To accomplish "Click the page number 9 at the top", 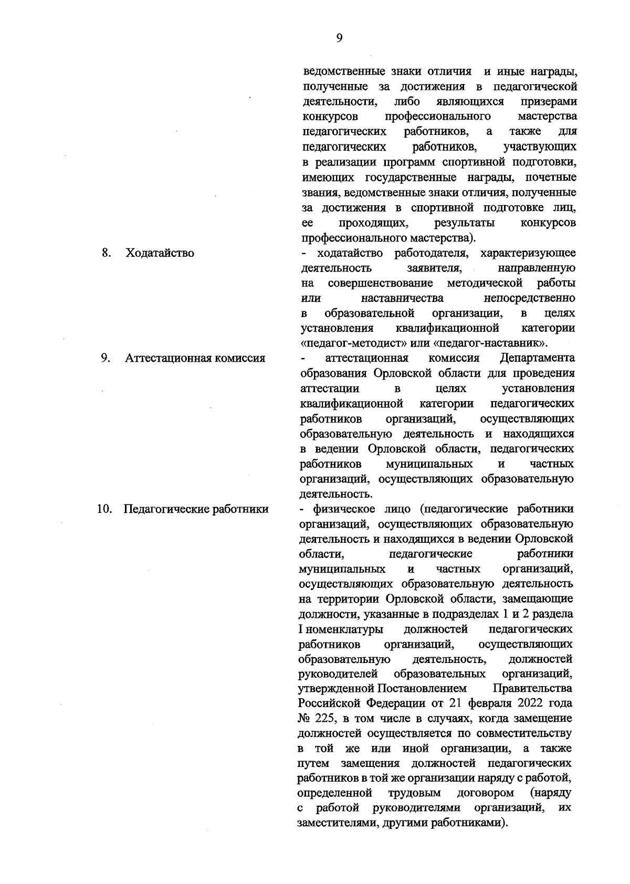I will (339, 38).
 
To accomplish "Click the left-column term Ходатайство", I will (160, 253).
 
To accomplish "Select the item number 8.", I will (106, 252).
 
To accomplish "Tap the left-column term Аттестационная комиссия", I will (195, 359).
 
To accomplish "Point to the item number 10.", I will (104, 509).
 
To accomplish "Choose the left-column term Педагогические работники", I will (196, 509).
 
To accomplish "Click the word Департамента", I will (537, 358).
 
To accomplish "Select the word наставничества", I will (402, 298).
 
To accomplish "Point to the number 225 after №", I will (329, 718).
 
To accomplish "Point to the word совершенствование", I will (380, 283).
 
